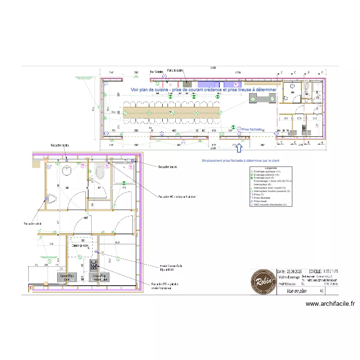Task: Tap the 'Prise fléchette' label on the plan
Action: click(252, 130)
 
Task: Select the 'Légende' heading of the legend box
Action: click(271, 168)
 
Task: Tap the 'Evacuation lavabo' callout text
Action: click(61, 145)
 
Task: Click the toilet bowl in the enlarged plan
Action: click(100, 172)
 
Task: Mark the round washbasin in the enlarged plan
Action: click(67, 170)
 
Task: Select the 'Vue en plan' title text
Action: click(296, 291)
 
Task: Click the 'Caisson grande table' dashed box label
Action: click(80, 245)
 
